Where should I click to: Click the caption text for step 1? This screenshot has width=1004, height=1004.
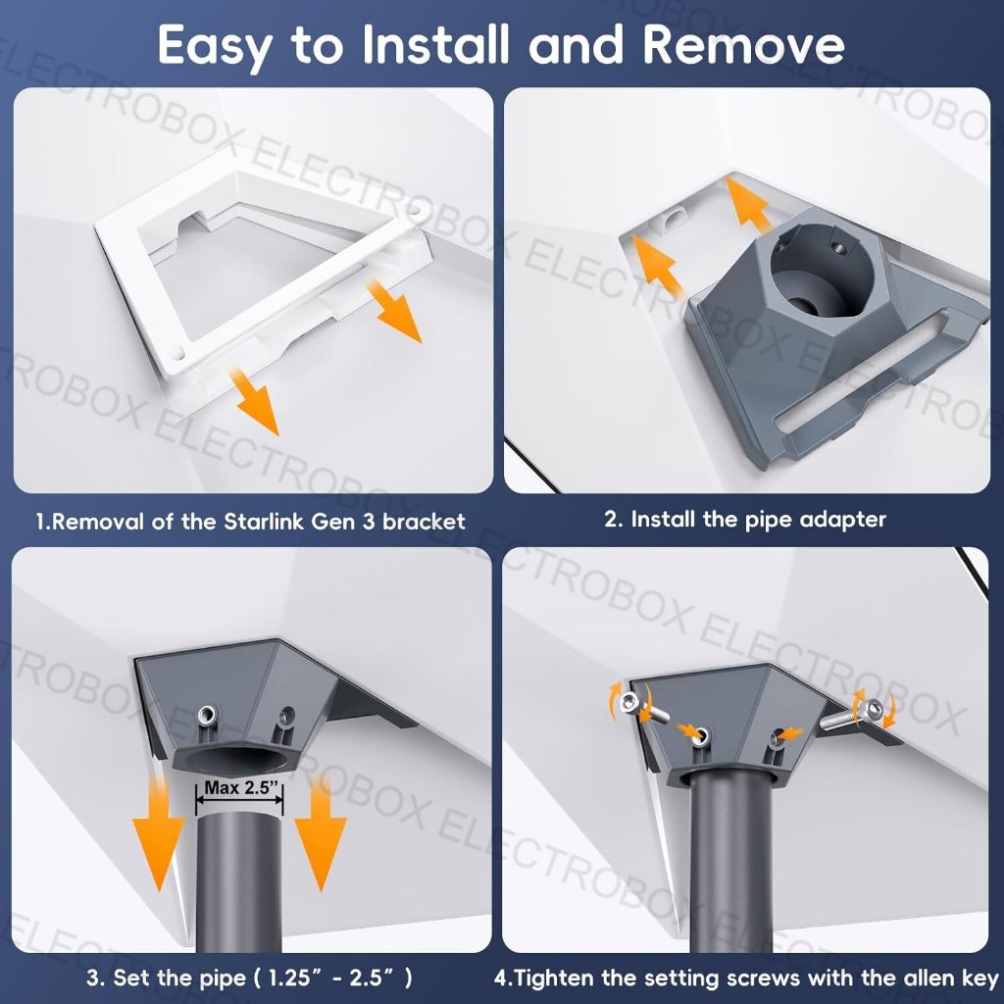coord(251,521)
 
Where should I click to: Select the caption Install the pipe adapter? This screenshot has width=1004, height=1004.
coord(744,519)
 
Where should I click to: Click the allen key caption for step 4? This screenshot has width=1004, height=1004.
coord(745,977)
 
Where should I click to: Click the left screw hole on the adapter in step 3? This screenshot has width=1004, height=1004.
coord(206,720)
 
